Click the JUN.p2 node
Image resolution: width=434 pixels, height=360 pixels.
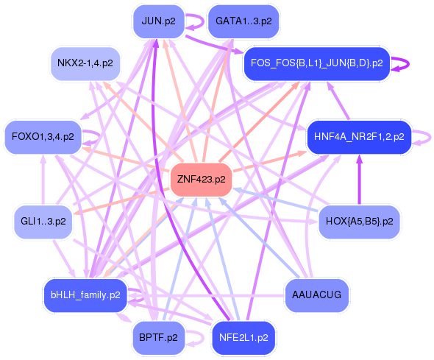coord(158,21)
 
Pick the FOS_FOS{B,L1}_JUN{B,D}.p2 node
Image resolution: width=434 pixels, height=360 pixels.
coord(316,63)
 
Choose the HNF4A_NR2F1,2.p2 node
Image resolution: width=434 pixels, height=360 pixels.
coord(358,137)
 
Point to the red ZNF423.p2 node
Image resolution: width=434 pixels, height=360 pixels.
coord(201,180)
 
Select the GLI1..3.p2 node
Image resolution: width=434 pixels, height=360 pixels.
coord(43,221)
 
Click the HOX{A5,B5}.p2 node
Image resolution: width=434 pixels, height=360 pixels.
coord(358,221)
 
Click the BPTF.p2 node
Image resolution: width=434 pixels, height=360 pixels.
coord(158,338)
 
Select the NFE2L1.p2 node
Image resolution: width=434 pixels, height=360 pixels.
coord(243,338)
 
